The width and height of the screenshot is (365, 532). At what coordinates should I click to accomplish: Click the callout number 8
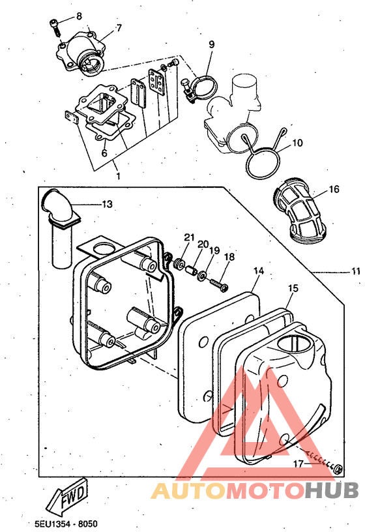click(79, 16)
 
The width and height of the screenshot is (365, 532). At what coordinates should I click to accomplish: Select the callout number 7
click(119, 28)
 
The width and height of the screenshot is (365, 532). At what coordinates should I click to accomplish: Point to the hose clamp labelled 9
click(200, 87)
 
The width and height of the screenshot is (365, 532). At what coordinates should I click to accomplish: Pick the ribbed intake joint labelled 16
click(299, 212)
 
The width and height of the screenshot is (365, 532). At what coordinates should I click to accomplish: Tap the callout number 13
click(107, 204)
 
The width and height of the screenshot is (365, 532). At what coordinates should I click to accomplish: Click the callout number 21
click(190, 237)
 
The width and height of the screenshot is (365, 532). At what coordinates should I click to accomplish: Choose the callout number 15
click(293, 288)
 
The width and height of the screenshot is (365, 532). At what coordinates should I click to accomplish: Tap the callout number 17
click(299, 464)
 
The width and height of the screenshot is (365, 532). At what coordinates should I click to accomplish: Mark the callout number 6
click(104, 153)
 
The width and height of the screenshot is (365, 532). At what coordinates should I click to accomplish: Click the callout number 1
click(119, 176)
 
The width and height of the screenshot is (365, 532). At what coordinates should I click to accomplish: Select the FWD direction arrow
click(68, 497)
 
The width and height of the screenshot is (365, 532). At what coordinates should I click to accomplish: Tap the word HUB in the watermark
click(331, 492)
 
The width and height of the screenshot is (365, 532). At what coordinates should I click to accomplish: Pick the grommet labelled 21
click(179, 263)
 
